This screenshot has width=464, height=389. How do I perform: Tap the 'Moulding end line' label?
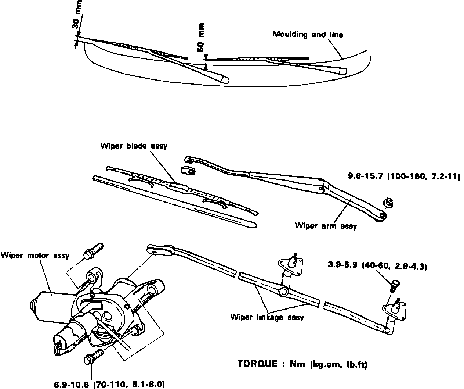(x=308, y=35)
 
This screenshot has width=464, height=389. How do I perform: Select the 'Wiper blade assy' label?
(x=134, y=146)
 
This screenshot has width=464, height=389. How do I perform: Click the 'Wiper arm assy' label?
(x=326, y=226)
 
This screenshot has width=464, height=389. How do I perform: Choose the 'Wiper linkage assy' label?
(x=267, y=317)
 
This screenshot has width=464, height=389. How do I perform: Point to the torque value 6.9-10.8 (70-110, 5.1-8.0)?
(x=108, y=384)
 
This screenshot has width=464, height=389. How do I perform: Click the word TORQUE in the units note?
(x=257, y=364)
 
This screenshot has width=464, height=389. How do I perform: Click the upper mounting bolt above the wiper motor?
(x=94, y=250)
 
